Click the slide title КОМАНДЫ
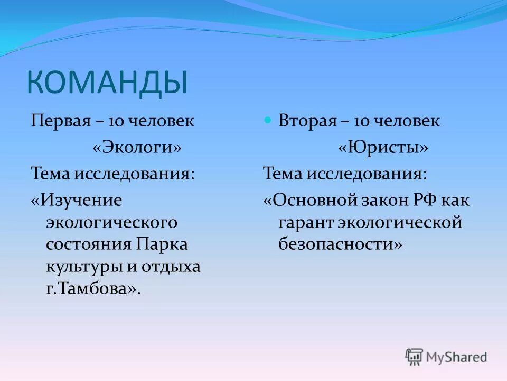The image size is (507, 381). [107, 84]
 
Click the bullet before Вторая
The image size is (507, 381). [267, 120]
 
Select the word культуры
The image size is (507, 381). [83, 267]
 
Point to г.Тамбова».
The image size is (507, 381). [93, 289]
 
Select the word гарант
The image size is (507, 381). [305, 223]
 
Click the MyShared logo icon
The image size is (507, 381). [415, 357]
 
